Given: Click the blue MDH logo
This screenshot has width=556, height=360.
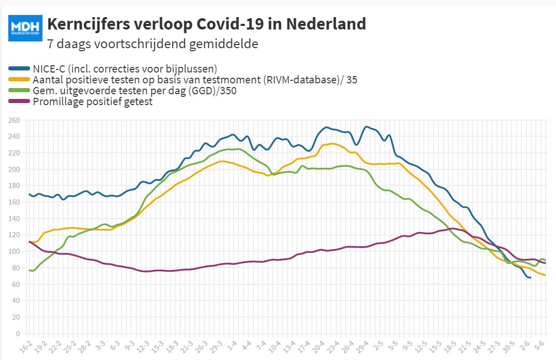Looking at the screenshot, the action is [x=25, y=28].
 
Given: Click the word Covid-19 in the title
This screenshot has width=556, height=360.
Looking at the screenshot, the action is [x=230, y=24].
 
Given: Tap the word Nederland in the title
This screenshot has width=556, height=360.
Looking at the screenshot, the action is [x=326, y=24].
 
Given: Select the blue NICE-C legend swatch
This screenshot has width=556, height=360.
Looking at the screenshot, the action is [x=19, y=68].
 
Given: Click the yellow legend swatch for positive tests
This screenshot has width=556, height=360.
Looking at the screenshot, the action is [x=19, y=79].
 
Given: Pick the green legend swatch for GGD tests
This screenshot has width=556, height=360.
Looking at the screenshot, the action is [x=19, y=90].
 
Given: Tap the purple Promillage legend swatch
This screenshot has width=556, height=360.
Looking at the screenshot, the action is [x=19, y=102].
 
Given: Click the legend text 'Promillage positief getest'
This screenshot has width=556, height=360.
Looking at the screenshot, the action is [x=93, y=102].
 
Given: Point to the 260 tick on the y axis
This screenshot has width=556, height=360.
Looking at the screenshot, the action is [x=14, y=120].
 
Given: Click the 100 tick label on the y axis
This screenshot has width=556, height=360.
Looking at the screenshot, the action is [x=14, y=252].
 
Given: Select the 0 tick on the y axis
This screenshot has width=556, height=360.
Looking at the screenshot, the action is [x=18, y=334].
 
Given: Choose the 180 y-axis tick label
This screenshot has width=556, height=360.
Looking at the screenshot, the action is [x=14, y=185].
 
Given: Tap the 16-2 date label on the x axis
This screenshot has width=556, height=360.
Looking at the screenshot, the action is [x=26, y=347].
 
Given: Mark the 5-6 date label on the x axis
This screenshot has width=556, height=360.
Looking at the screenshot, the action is [x=539, y=345].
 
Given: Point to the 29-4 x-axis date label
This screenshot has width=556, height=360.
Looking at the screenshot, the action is [x=362, y=347].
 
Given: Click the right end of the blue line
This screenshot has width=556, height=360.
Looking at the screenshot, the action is [x=530, y=278].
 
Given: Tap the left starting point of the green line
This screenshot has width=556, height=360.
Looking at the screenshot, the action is [x=30, y=270].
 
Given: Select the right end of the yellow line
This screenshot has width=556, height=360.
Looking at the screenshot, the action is [x=545, y=275].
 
